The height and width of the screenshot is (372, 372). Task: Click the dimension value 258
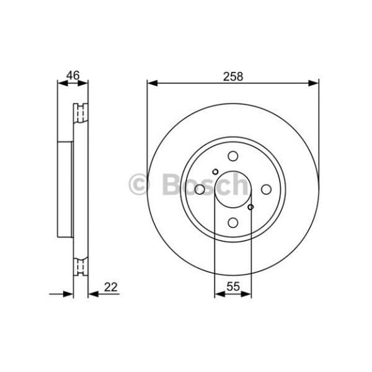coord(233,77)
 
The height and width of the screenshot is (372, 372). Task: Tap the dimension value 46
coord(73,76)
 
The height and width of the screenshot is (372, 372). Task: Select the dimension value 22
coord(111,287)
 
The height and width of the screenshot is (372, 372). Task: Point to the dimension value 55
coord(233,286)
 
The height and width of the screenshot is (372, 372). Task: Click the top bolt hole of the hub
coord(233,156)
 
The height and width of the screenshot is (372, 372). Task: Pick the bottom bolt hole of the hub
coord(233,223)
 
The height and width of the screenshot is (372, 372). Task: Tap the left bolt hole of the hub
coord(200,189)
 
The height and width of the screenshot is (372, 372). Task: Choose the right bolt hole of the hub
coord(266,189)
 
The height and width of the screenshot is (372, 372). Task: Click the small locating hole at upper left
coord(215,172)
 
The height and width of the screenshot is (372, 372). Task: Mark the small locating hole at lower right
coord(250,207)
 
